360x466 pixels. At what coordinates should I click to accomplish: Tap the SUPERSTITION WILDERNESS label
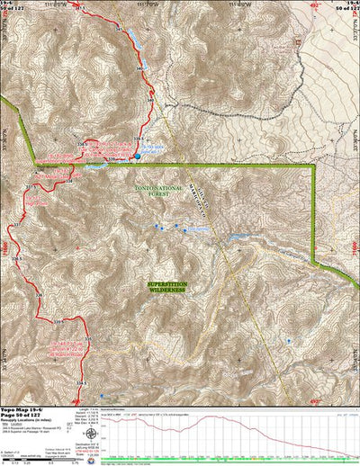166,287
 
